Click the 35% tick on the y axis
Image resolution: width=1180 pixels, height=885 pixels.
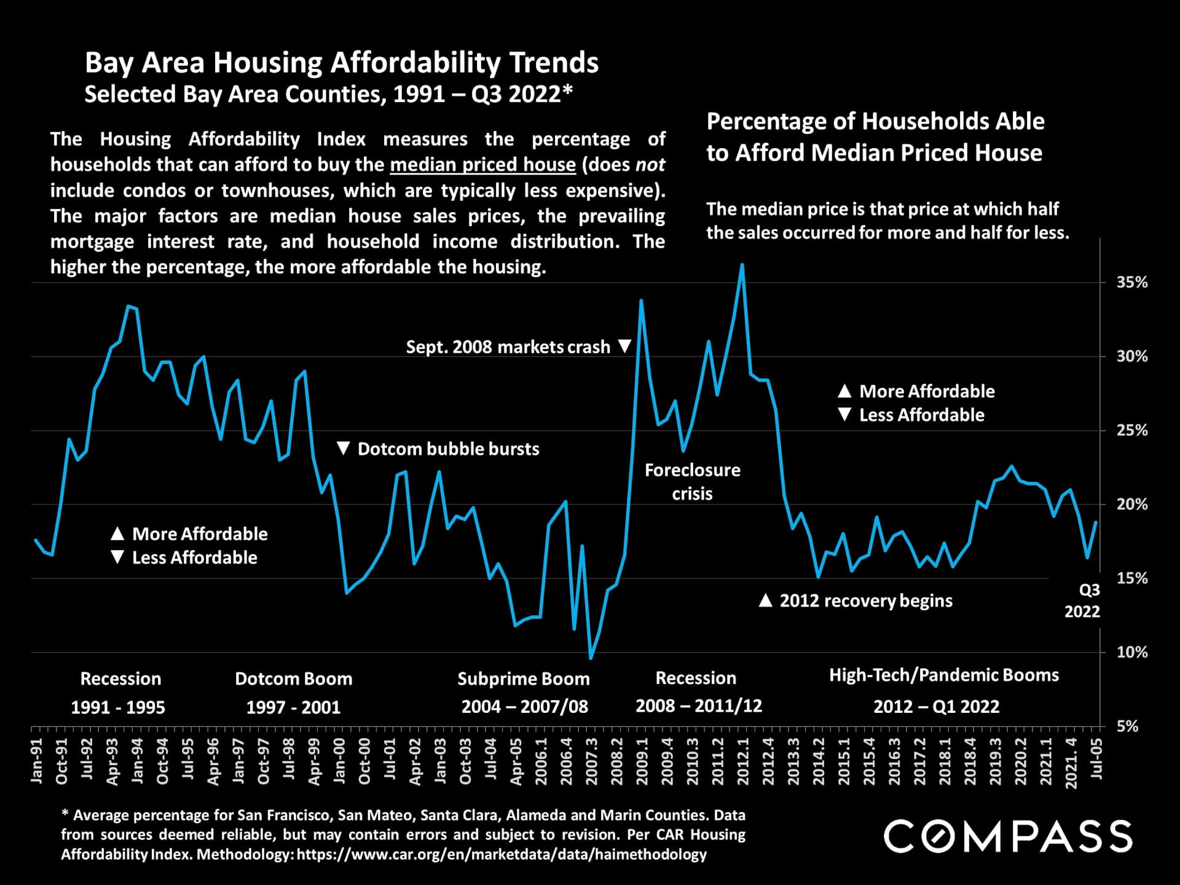click(x=1131, y=283)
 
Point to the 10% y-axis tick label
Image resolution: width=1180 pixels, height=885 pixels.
click(x=1131, y=652)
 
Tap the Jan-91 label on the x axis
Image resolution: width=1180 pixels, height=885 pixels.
click(x=37, y=761)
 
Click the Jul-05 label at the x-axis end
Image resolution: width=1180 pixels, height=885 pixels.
click(x=1096, y=759)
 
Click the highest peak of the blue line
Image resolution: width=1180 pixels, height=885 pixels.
click(x=742, y=265)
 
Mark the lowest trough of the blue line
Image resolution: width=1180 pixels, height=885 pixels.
click(x=591, y=658)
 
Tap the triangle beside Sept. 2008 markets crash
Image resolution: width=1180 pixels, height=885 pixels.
click(x=624, y=347)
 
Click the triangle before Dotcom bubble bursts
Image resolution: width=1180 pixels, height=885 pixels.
click(x=344, y=449)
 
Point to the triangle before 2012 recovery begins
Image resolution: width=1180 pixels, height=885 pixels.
click(x=765, y=600)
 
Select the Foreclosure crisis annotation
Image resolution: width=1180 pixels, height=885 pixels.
click(x=692, y=482)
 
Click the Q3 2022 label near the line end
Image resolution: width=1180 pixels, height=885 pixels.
click(x=1084, y=601)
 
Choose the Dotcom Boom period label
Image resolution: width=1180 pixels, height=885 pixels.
click(x=293, y=679)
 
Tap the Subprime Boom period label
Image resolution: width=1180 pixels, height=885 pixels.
click(x=523, y=679)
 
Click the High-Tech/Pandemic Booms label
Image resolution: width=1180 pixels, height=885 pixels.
click(x=944, y=675)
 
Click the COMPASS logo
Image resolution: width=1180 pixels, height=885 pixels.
click(x=1008, y=836)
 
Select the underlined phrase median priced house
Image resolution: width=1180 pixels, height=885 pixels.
click(x=482, y=165)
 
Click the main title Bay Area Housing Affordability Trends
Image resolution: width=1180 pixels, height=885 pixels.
click(x=341, y=63)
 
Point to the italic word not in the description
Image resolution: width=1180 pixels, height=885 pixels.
click(x=650, y=165)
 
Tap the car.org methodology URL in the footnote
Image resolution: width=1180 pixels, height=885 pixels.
click(x=502, y=854)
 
